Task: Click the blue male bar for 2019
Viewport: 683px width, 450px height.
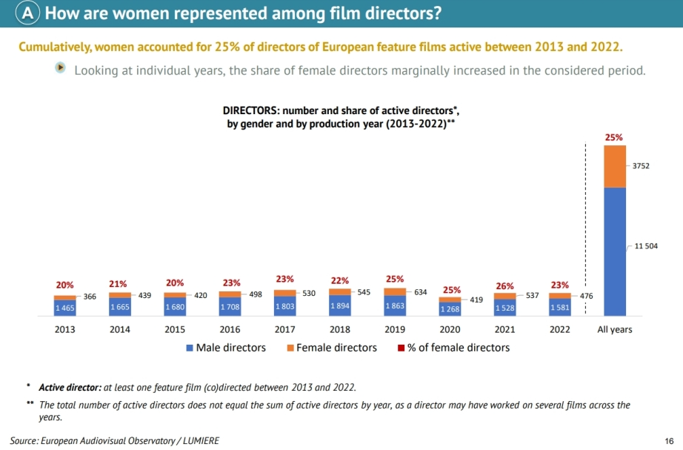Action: pos(395,306)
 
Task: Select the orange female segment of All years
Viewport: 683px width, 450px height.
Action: pos(615,166)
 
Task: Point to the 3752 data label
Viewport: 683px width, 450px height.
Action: pos(641,166)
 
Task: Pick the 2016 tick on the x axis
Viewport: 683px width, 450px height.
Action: pos(230,329)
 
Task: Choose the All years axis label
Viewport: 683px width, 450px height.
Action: pos(615,329)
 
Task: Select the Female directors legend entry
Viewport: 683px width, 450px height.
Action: pos(331,347)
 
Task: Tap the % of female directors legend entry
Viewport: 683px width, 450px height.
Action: pos(453,347)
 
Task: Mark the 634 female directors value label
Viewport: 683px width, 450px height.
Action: pos(421,292)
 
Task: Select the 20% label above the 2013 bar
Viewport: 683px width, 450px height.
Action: pos(65,285)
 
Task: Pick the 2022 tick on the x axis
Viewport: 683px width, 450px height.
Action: pos(559,329)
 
